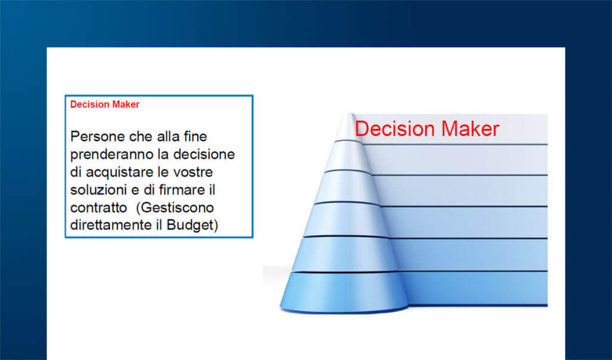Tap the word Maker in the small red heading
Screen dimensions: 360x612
click(126, 105)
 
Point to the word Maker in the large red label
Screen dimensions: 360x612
click(470, 129)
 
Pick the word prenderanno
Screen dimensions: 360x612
click(108, 154)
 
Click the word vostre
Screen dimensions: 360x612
click(194, 172)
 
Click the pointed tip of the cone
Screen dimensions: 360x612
click(347, 115)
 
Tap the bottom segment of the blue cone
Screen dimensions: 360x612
click(344, 292)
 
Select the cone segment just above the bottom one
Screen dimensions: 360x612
click(344, 254)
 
